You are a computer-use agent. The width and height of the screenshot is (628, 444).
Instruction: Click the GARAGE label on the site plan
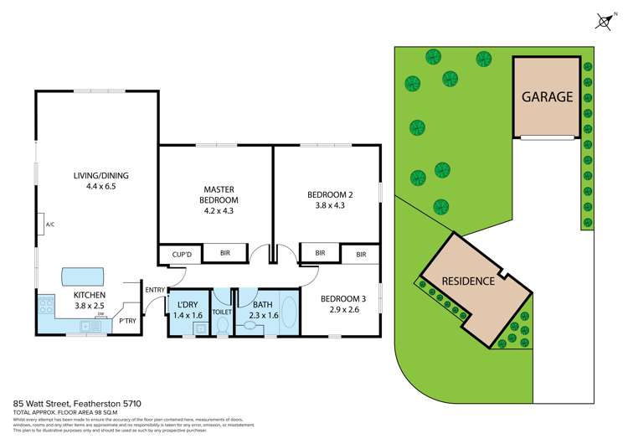tap(548, 96)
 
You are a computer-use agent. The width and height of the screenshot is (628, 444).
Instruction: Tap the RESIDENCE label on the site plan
tap(468, 281)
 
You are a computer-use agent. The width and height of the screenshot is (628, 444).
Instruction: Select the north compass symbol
tap(604, 22)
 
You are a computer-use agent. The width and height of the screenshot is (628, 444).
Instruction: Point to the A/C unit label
tap(50, 225)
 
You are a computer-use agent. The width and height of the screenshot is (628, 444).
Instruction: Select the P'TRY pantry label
tap(127, 320)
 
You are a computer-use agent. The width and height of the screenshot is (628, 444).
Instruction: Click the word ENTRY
tap(155, 290)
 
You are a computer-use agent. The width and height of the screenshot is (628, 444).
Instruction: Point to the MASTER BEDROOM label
tap(219, 194)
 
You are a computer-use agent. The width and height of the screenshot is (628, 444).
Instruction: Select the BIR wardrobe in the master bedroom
tap(224, 253)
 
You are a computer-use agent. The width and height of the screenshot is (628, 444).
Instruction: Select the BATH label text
tap(262, 304)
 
